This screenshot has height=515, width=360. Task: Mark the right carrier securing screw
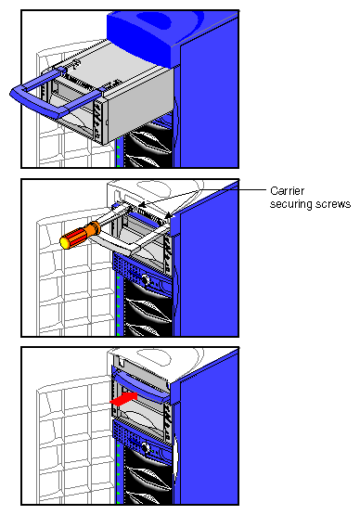pyautogui.click(x=169, y=218)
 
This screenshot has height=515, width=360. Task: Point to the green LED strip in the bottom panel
pyautogui.click(x=120, y=464)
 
